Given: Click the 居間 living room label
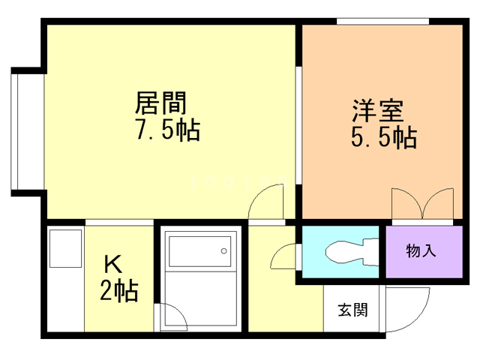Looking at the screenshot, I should [x=160, y=102].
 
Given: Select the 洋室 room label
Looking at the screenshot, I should [x=378, y=110].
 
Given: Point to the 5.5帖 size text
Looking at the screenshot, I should [x=383, y=138].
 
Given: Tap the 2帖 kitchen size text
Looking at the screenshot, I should [x=119, y=290].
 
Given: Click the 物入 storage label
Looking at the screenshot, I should [x=421, y=250].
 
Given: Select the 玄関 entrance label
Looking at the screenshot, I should [x=352, y=309].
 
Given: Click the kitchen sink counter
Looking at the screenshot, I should [x=66, y=277].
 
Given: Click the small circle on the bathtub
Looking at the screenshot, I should [x=223, y=250].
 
